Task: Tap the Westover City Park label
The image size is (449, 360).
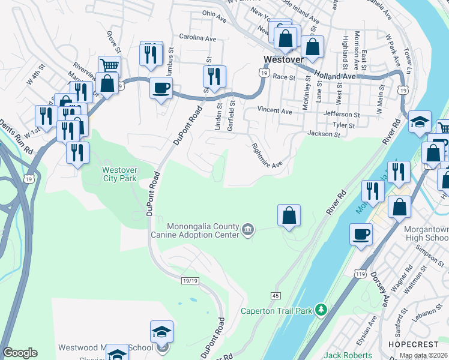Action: (119, 173)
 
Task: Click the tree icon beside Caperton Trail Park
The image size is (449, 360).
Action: (322, 310)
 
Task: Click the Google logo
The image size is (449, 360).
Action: (20, 353)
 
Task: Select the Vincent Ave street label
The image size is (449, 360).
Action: (274, 111)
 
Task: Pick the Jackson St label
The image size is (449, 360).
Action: (324, 134)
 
